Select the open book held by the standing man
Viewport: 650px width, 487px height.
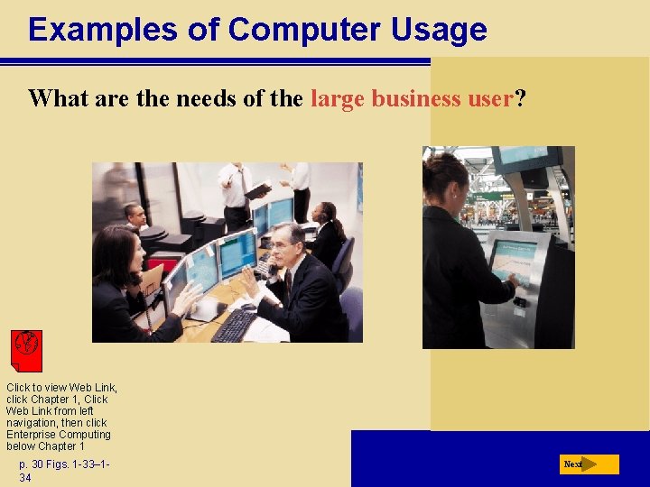(x=258, y=190)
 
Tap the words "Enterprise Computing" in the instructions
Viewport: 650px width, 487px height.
(x=59, y=435)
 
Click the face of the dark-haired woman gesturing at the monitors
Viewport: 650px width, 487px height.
(x=126, y=252)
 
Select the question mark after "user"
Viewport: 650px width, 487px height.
(x=519, y=98)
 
